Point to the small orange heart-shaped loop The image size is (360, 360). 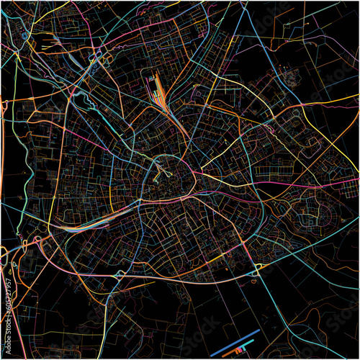pyautogui.click(x=253, y=282)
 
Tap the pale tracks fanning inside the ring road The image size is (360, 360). pyautogui.click(x=161, y=173)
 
